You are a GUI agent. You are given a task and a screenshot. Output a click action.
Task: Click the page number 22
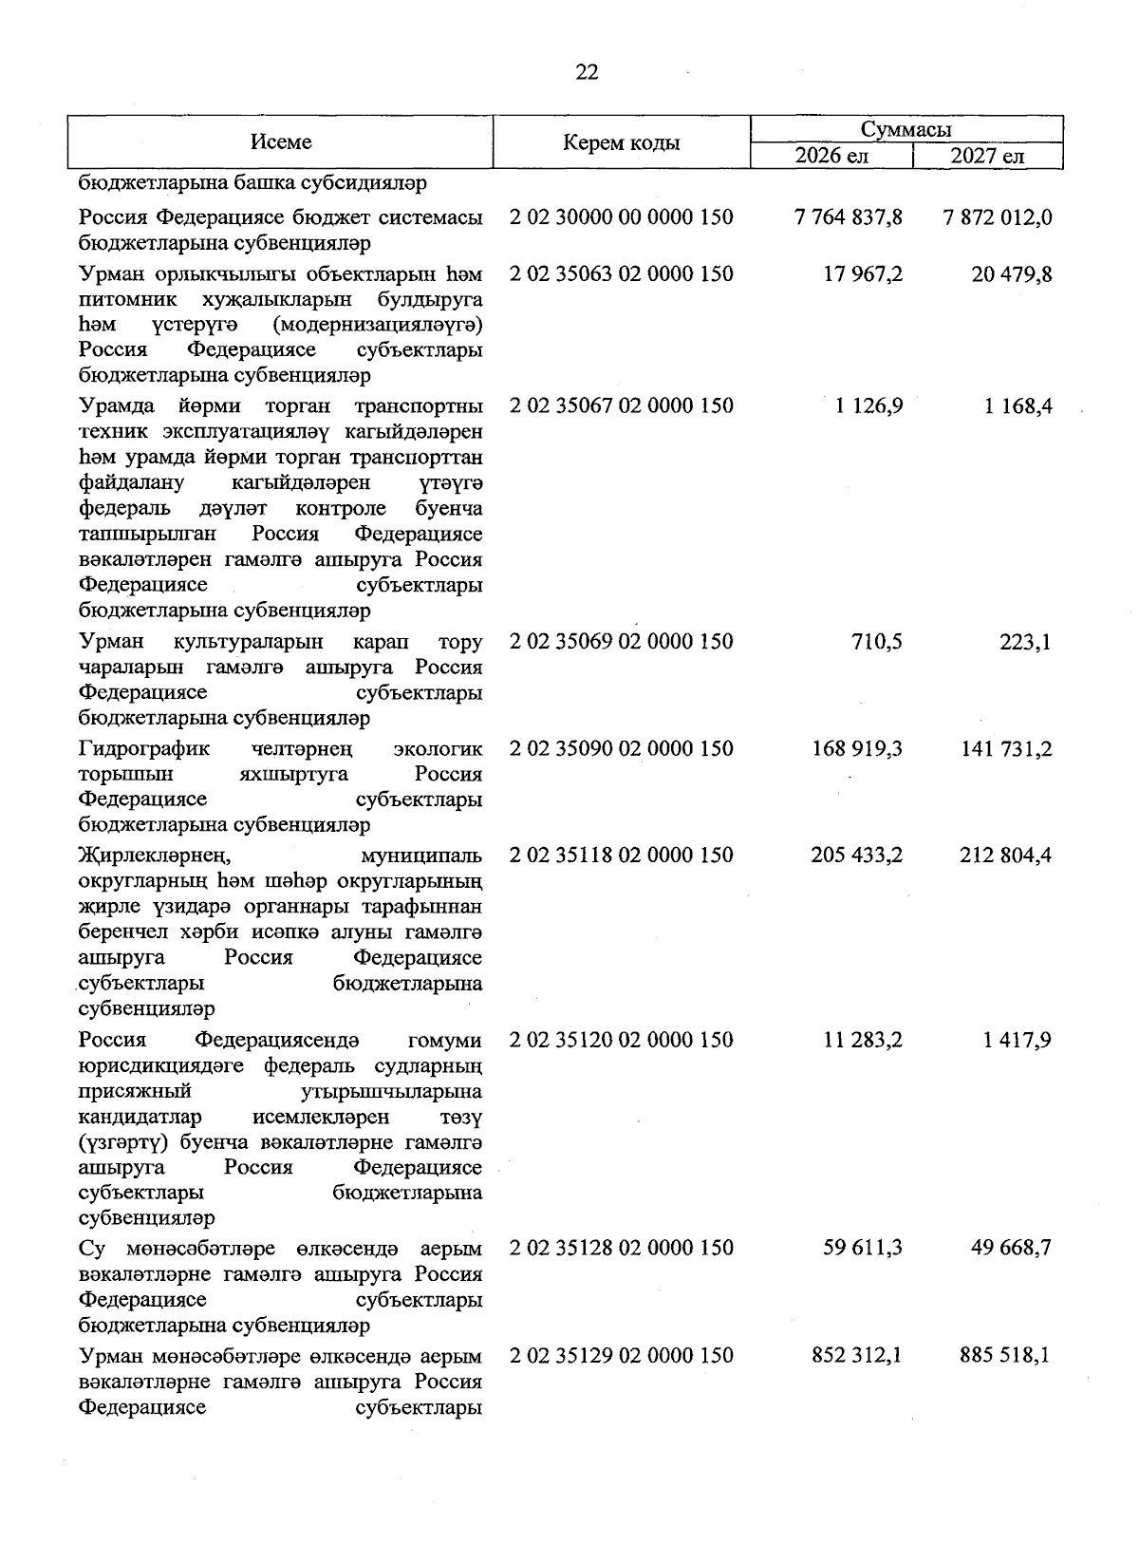pyautogui.click(x=587, y=72)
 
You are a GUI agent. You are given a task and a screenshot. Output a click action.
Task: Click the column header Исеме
pyautogui.click(x=281, y=142)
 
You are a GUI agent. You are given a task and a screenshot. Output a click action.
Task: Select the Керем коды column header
pyautogui.click(x=621, y=143)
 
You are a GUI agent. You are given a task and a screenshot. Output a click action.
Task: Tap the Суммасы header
pyautogui.click(x=906, y=129)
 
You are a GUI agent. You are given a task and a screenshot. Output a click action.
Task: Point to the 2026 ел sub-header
pyautogui.click(x=831, y=156)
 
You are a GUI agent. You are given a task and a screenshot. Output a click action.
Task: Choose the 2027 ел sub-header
pyautogui.click(x=987, y=156)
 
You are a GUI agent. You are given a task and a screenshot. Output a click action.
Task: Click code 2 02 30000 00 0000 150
pyautogui.click(x=621, y=217)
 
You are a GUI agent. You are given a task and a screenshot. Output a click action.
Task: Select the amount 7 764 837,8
pyautogui.click(x=849, y=217)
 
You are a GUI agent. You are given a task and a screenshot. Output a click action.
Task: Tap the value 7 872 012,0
pyautogui.click(x=998, y=217)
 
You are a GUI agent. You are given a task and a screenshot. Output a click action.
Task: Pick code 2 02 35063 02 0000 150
pyautogui.click(x=621, y=274)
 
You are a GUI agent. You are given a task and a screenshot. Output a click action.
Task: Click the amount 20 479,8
pyautogui.click(x=1012, y=274)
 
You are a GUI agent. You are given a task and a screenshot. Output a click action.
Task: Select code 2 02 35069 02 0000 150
pyautogui.click(x=621, y=642)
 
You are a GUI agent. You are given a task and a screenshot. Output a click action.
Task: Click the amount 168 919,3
pyautogui.click(x=856, y=749)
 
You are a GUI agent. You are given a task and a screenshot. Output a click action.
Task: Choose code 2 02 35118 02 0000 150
pyautogui.click(x=621, y=856)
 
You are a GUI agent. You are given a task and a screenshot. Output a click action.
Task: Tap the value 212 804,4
pyautogui.click(x=1005, y=856)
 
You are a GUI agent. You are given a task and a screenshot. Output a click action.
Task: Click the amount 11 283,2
pyautogui.click(x=863, y=1040)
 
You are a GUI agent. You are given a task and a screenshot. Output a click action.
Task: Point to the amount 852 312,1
pyautogui.click(x=856, y=1355)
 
